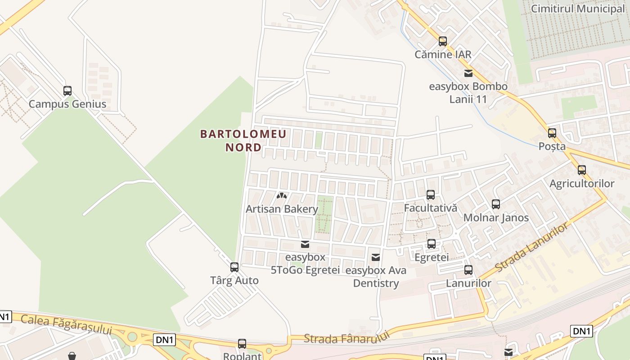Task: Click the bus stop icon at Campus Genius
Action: pos(67,91)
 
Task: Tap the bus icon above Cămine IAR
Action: pos(443,41)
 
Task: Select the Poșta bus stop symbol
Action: pos(552,133)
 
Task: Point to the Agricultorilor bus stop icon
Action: pos(582,170)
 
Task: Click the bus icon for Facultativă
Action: pos(431,195)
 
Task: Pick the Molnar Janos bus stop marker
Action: pos(496,204)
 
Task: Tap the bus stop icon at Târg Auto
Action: pos(234,267)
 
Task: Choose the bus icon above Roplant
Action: pos(242,344)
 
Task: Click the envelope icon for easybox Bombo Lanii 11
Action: pos(468,73)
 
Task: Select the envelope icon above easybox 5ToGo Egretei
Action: pos(305,244)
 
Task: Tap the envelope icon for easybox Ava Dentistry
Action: pos(376,257)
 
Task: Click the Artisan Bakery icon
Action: pos(282,196)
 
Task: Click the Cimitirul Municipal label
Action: pos(578,9)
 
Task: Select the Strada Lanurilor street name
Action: pos(531,247)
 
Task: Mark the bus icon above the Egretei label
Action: pos(432,244)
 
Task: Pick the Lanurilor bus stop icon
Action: pos(468,270)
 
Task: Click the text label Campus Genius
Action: pos(67,104)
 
